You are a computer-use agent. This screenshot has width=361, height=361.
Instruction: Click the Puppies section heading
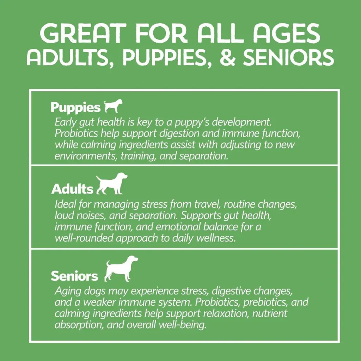[75, 108]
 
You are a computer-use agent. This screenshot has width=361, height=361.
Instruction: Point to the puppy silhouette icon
[113, 106]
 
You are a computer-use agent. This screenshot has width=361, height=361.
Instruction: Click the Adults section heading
[72, 189]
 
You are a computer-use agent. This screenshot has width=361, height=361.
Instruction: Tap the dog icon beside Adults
[112, 183]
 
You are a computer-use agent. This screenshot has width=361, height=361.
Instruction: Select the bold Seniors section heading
[74, 276]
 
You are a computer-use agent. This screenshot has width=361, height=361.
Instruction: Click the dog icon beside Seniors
[121, 268]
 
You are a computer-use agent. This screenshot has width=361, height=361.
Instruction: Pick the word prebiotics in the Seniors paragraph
[265, 302]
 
